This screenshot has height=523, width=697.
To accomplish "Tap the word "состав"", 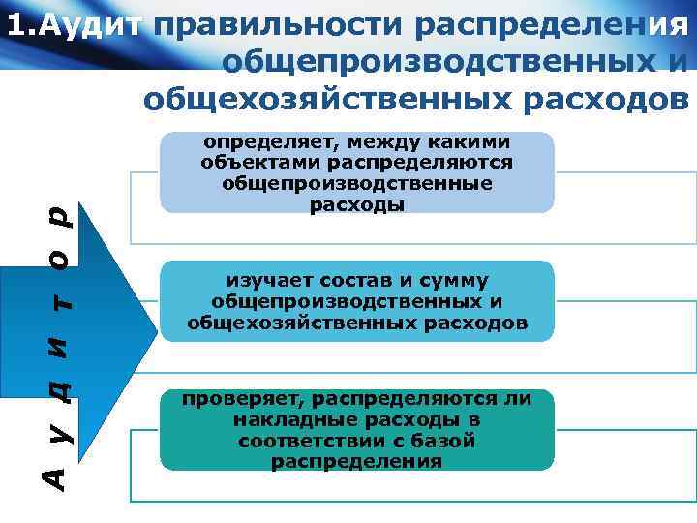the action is [339, 281].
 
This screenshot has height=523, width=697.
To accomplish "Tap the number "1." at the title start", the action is [18, 25].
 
